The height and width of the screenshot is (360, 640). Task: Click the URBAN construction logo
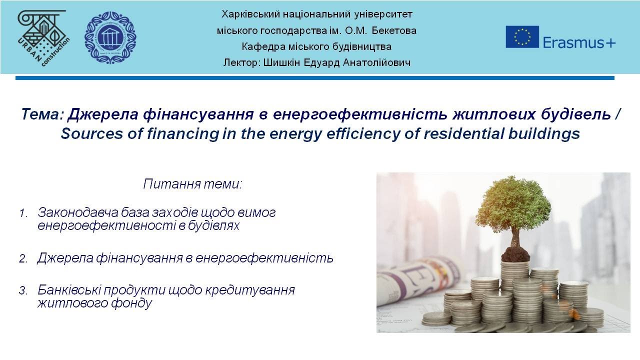point(43,36)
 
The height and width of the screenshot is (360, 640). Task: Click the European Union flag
point(522,37)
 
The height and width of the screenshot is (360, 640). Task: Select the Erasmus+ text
point(579,42)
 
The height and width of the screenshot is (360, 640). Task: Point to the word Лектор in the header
point(238,63)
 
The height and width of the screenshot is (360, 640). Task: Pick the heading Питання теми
point(192,183)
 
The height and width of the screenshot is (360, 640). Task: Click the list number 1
point(23,213)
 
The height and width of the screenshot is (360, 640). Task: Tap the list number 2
point(23,259)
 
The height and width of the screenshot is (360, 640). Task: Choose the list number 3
point(23,290)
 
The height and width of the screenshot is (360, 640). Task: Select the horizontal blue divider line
point(314,78)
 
